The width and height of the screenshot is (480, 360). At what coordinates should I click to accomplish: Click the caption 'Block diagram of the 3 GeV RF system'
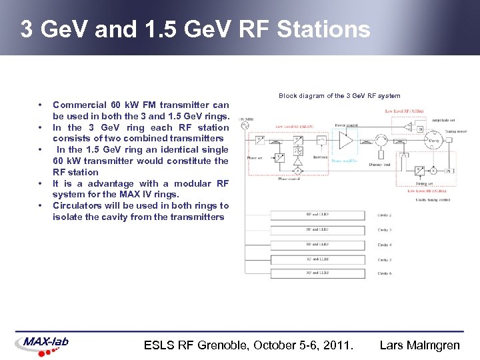pyautogui.click(x=339, y=96)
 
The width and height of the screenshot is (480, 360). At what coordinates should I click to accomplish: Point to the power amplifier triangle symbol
pyautogui.click(x=345, y=141)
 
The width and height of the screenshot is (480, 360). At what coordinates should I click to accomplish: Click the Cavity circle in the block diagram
pyautogui.click(x=434, y=141)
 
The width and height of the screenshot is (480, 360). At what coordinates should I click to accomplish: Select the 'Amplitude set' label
pyautogui.click(x=443, y=119)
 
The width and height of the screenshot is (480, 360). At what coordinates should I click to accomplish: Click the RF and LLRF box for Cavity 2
pyautogui.click(x=317, y=215)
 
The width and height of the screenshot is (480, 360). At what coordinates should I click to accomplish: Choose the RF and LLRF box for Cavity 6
pyautogui.click(x=317, y=273)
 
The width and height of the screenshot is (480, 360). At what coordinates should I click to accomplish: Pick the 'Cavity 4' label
pyautogui.click(x=385, y=245)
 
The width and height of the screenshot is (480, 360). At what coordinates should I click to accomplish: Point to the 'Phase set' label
pyautogui.click(x=255, y=158)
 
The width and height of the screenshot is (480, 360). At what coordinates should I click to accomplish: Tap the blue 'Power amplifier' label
pyautogui.click(x=345, y=161)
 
